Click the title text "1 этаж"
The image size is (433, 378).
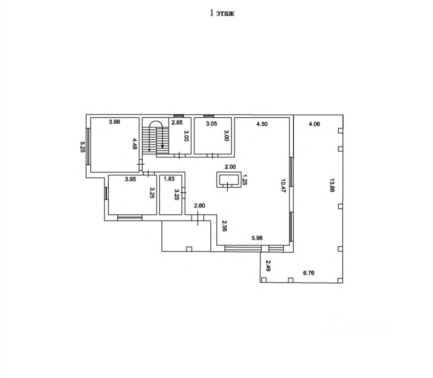(x=222, y=13)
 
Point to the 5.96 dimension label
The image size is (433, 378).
(x=257, y=238)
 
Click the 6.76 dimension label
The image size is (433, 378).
(x=309, y=274)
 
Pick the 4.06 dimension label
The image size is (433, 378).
(x=314, y=124)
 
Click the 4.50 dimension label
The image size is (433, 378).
(x=262, y=124)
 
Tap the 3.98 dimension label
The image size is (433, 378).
(x=115, y=122)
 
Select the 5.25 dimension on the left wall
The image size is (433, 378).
(x=82, y=147)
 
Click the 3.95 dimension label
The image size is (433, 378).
(x=130, y=180)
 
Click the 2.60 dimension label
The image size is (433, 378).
(x=199, y=206)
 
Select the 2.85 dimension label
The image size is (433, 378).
(x=177, y=123)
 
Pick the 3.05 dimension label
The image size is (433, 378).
(x=211, y=124)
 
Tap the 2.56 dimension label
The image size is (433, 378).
(x=224, y=226)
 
